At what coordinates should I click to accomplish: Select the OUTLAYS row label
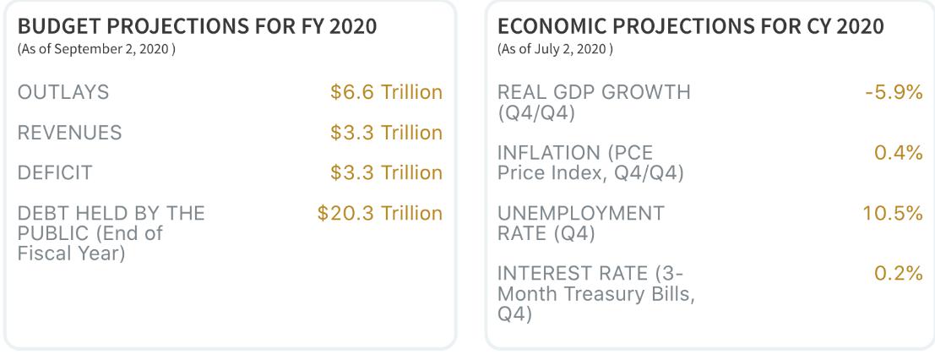click(x=63, y=93)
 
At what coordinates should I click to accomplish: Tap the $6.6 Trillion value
click(x=386, y=93)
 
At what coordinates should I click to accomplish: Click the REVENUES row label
click(x=69, y=133)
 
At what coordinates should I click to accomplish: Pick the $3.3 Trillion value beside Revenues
click(x=386, y=133)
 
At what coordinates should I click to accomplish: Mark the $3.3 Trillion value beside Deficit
click(x=386, y=172)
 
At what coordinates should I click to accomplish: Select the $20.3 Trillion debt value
click(x=380, y=213)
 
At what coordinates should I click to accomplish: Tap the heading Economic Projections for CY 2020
click(x=691, y=27)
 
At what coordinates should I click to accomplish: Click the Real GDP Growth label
click(x=594, y=102)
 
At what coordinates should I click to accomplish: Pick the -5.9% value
click(x=894, y=93)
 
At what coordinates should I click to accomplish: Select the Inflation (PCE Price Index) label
click(x=590, y=162)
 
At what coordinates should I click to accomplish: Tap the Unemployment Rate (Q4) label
click(x=580, y=223)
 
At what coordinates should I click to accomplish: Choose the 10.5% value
click(x=893, y=213)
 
